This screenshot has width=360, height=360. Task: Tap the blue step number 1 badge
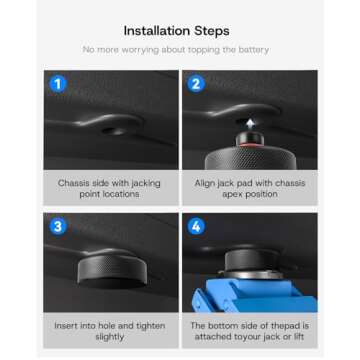[58, 83]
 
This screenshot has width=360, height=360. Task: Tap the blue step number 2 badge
[196, 83]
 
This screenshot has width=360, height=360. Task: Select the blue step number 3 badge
[58, 226]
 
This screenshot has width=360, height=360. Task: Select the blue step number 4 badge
[196, 226]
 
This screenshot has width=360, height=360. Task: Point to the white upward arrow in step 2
[250, 123]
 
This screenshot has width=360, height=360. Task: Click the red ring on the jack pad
[249, 146]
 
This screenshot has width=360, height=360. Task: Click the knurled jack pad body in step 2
[249, 159]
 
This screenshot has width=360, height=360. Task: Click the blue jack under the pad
[245, 294]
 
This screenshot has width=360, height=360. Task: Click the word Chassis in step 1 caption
[73, 184]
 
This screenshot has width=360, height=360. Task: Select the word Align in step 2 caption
[205, 184]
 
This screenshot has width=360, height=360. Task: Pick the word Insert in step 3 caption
[67, 327]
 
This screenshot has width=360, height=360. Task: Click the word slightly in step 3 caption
[110, 337]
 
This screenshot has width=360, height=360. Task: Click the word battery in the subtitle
[254, 49]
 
